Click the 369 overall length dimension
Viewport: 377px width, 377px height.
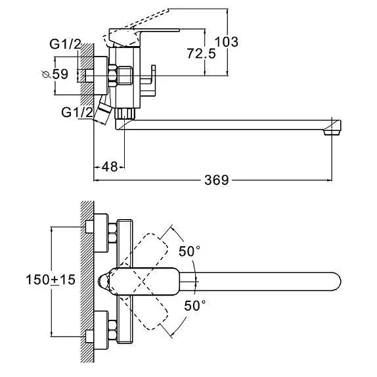tap(216, 180)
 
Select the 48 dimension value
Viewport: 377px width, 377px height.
tap(110, 166)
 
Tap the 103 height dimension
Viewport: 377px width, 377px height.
tap(226, 41)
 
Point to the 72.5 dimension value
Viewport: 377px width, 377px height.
tap(201, 53)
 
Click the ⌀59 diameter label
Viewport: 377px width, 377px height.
tap(55, 74)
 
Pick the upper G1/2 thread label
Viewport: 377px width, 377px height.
tap(65, 44)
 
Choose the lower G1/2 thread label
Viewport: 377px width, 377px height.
tap(77, 113)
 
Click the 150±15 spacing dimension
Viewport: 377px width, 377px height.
tap(51, 280)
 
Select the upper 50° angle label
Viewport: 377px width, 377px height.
tap(189, 251)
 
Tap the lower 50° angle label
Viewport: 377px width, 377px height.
tap(195, 305)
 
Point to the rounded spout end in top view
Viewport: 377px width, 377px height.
tap(336, 282)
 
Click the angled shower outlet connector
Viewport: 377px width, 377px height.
tap(103, 113)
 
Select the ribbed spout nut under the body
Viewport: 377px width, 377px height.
tap(125, 113)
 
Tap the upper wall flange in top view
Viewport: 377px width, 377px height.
tap(101, 233)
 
